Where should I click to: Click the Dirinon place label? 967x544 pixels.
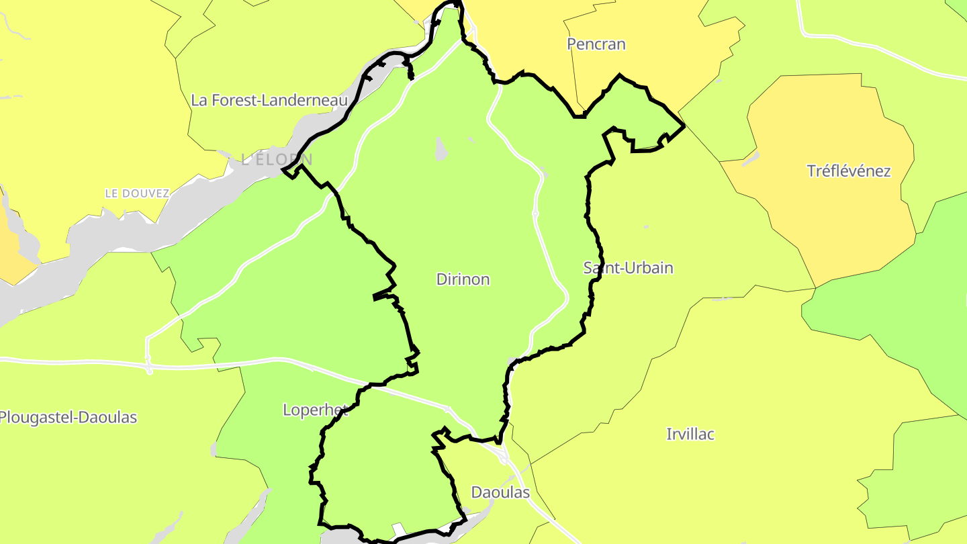point(463,279)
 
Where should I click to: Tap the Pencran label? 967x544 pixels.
point(596,44)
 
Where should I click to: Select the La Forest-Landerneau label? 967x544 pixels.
point(269,101)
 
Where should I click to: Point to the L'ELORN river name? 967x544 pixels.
point(277,159)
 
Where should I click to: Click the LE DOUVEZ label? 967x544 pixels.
point(137,193)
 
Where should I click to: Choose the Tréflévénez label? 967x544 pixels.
point(848,171)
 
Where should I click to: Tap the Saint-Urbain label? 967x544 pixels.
point(628,268)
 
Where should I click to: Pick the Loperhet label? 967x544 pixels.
point(315,410)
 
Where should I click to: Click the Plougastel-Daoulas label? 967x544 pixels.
point(68,418)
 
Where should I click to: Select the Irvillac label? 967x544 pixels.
point(690,434)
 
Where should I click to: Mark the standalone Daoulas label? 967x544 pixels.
point(500,492)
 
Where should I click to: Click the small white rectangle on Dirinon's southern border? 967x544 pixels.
point(399,530)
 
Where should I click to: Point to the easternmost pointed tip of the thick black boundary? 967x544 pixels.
point(684,126)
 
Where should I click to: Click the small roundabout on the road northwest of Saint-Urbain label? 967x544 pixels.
point(535,214)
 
